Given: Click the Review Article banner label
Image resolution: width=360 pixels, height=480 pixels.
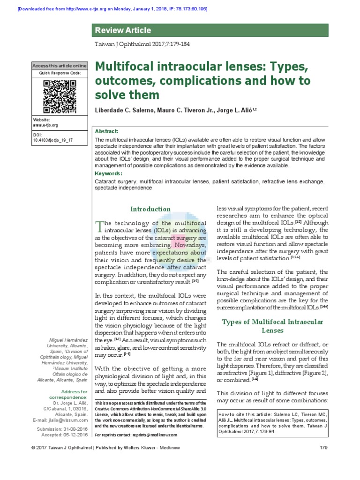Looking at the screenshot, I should [x=123, y=30].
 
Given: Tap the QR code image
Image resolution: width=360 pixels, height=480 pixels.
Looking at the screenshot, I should [x=60, y=97].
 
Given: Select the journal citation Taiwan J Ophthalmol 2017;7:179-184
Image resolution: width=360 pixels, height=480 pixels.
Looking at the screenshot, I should [x=142, y=44].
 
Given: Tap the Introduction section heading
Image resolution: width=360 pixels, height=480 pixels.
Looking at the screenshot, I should [x=150, y=209].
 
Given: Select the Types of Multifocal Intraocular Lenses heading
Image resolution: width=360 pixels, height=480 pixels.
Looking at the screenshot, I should [x=272, y=326].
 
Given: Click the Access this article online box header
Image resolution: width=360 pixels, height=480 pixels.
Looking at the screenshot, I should [x=60, y=66].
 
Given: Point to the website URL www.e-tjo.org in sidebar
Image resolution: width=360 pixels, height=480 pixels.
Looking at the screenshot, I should [x=45, y=125].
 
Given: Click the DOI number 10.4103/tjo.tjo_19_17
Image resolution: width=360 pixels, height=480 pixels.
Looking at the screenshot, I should [x=53, y=140].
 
